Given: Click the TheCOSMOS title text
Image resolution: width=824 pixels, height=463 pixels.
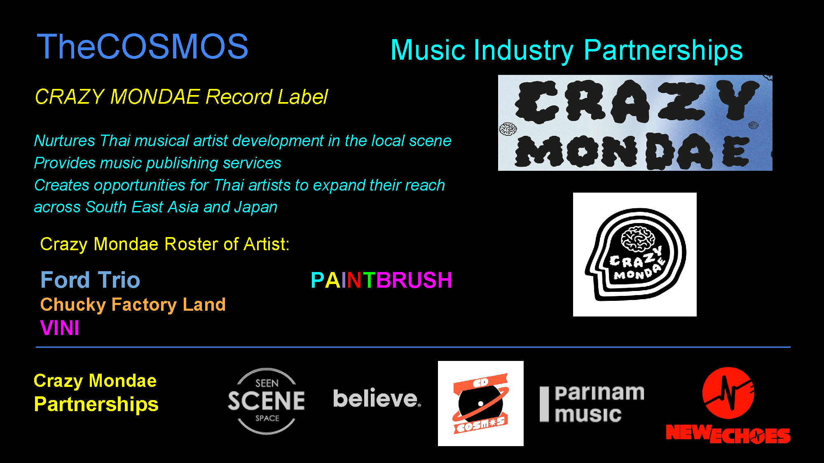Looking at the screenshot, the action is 143,47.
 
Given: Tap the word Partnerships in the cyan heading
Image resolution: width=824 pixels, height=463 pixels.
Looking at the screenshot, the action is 663,51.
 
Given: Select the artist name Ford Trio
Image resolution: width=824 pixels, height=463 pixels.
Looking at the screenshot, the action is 90,280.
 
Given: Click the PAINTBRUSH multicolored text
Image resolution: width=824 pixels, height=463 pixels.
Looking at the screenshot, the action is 382,280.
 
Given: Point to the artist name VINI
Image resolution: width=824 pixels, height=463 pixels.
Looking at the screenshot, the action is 60,328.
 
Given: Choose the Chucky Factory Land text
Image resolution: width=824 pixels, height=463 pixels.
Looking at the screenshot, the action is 133,305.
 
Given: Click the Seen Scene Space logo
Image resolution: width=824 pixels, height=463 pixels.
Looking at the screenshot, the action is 267,401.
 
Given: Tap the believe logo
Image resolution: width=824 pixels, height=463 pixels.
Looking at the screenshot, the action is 377,398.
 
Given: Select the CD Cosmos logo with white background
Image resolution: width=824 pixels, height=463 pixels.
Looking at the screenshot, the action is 481,403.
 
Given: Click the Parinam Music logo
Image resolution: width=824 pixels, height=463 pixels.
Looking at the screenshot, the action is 592,404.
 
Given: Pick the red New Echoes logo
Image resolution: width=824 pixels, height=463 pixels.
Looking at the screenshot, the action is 728,405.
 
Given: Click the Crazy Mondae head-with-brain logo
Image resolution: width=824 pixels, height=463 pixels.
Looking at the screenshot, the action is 635,254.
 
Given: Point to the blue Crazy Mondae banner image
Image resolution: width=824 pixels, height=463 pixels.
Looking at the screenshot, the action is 635,123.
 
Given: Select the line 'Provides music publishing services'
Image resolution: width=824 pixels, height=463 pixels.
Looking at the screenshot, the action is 157,163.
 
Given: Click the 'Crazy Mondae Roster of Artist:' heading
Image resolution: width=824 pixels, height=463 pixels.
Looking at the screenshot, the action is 165,244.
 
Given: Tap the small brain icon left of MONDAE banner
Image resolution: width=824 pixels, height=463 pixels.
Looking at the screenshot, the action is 508,129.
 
